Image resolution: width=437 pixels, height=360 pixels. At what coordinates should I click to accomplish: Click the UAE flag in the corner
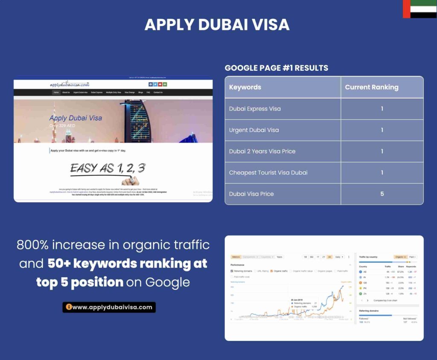point(420,9)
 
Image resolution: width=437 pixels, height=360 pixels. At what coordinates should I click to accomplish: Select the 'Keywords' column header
point(245,87)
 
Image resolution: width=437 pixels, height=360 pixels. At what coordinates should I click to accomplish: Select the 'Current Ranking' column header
point(371,87)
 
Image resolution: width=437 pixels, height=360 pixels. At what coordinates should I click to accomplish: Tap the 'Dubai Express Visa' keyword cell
point(255,109)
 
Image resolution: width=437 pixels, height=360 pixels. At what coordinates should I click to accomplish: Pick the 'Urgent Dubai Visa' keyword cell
point(254,130)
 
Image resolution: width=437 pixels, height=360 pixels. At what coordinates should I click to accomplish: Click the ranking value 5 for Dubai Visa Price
point(382,194)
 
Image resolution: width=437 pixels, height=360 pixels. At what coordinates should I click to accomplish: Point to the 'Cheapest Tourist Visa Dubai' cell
point(268,173)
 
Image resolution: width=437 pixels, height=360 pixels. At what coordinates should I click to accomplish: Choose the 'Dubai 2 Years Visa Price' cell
point(262,151)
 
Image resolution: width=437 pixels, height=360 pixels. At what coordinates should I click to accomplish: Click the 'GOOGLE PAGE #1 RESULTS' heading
point(277,68)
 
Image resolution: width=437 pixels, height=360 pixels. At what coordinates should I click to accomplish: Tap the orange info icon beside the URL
point(68,307)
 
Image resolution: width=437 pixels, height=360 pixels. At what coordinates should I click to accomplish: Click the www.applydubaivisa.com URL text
point(112,307)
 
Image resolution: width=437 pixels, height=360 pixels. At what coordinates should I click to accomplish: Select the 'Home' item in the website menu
point(56,92)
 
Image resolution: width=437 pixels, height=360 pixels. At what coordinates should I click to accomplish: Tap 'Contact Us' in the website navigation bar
point(158,92)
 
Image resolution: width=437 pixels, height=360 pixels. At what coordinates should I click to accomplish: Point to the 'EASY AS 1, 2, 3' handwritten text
point(107,168)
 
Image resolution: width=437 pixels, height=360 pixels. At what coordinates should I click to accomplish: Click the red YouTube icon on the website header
point(160,84)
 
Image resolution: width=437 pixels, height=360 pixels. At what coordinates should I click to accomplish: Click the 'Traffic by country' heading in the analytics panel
point(369,257)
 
